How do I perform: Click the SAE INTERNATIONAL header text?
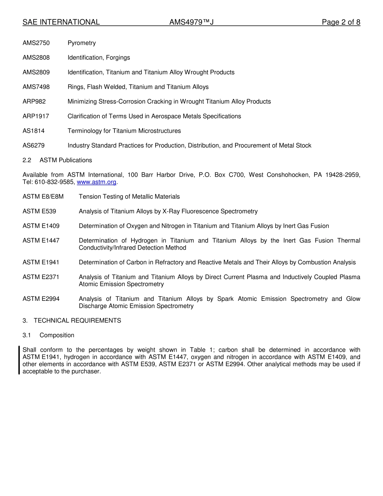pos(61,22)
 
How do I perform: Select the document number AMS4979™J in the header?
pos(191,22)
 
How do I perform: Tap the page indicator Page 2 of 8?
pos(341,22)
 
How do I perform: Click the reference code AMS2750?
pos(36,43)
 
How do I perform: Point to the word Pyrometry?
pos(81,43)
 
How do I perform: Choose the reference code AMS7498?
pos(36,87)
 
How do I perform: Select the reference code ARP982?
pos(34,102)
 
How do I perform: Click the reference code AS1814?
pos(33,131)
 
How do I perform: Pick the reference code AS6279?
pos(33,146)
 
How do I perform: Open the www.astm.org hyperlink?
pos(96,182)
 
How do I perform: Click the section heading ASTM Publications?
pos(66,160)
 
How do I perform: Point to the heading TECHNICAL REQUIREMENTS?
pos(77,321)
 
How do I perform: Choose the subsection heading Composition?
pos(57,336)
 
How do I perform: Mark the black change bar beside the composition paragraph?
pos(19,361)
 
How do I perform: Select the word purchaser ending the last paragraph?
pos(85,371)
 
